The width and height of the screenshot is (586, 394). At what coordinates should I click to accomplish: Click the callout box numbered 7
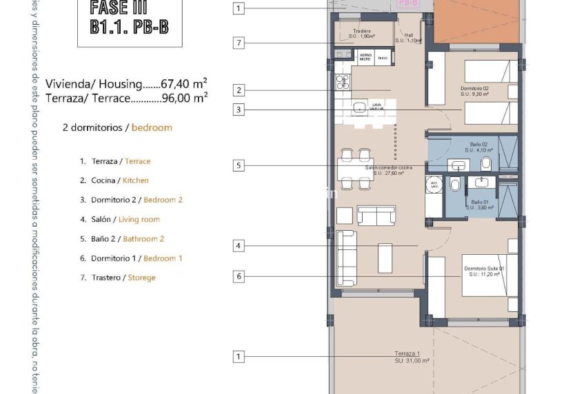point(239,43)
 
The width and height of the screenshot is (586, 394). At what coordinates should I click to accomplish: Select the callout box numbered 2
point(239,90)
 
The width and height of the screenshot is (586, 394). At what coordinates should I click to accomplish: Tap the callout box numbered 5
point(239,165)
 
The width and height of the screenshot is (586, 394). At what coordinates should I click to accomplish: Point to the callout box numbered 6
point(239,276)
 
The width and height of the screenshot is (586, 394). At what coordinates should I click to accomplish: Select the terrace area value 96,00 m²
point(184,98)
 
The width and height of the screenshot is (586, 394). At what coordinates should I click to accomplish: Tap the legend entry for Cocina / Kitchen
point(119,180)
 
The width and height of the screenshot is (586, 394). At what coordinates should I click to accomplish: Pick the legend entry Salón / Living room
point(125,220)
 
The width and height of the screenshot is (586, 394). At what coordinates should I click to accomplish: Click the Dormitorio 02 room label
point(474,89)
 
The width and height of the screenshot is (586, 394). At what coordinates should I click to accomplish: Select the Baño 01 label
point(476,201)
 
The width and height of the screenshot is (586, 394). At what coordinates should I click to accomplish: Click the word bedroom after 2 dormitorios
point(152,127)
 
